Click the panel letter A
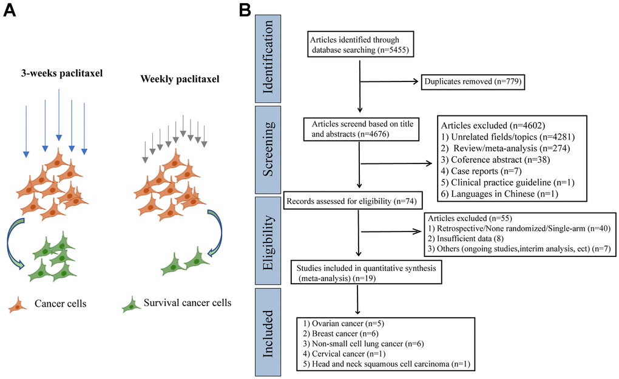point(10,12)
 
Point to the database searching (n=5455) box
point(360,43)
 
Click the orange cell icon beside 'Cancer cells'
point(18,304)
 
